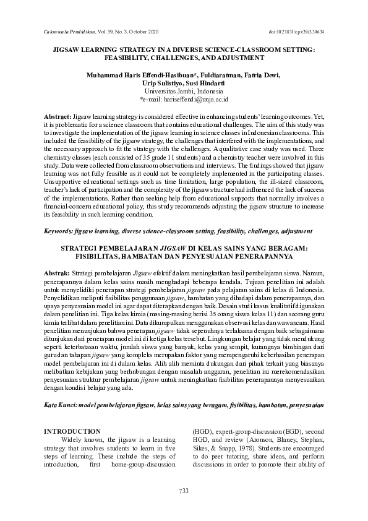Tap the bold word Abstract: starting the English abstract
58,116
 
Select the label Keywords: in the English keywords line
58,231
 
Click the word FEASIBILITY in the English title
129,58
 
